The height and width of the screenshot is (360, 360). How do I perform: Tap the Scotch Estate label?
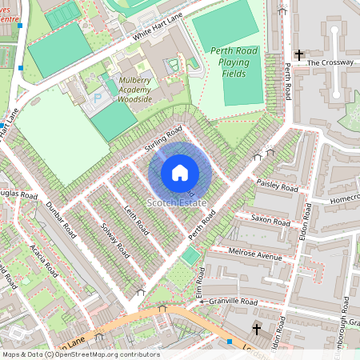click(177, 203)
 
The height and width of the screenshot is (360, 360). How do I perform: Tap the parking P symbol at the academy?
click(99, 97)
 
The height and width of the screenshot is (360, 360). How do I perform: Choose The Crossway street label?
click(330, 62)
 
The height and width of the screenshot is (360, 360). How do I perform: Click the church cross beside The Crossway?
click(298, 54)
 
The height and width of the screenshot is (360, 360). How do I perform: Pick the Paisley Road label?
click(278, 186)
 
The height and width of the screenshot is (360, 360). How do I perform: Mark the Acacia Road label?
click(40, 258)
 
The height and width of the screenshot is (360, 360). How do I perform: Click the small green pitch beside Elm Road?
click(190, 256)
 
